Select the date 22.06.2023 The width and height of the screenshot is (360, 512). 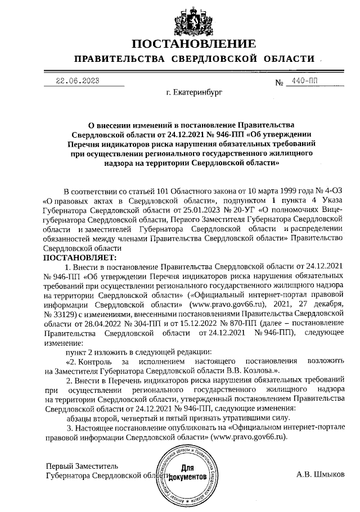(x=78, y=80)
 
